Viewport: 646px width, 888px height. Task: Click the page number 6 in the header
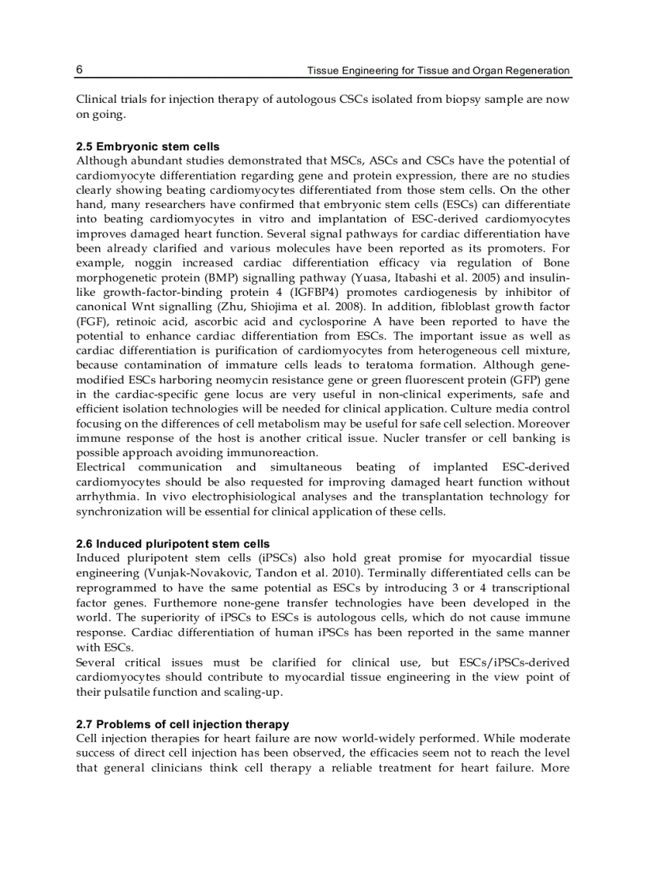[x=80, y=70]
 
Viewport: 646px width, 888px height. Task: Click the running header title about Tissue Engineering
[x=438, y=70]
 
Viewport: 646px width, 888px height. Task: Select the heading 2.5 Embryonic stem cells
[x=148, y=146]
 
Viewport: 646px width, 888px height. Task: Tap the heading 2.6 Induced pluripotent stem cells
[x=173, y=544]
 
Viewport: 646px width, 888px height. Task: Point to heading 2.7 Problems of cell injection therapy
[x=182, y=724]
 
